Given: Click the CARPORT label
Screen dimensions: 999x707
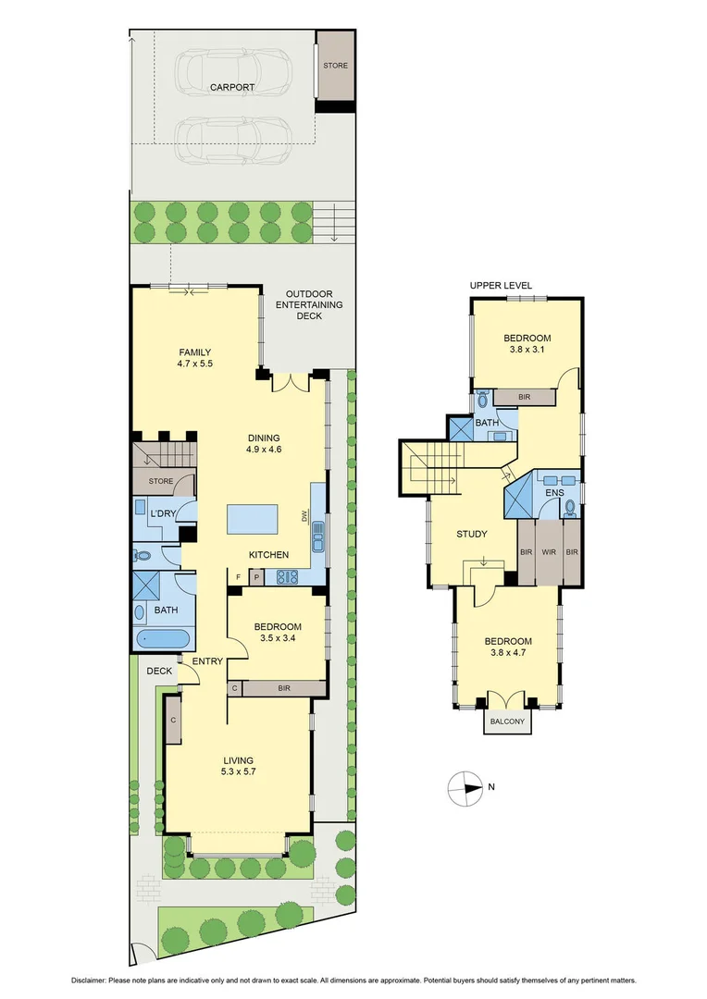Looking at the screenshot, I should (x=231, y=87).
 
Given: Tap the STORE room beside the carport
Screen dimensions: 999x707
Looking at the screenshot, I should (x=335, y=67).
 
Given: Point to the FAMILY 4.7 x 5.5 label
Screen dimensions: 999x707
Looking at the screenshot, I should (x=195, y=358).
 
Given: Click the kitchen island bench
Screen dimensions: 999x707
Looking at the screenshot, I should (x=254, y=519).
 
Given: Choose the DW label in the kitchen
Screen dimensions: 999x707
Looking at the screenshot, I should (x=304, y=517).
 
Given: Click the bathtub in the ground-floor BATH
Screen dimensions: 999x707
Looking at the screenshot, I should (x=161, y=640).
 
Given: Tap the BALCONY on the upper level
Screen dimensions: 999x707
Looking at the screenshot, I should (x=507, y=721).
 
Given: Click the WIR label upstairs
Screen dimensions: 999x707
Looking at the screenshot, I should (x=550, y=552).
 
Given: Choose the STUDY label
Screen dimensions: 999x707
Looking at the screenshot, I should (x=472, y=534).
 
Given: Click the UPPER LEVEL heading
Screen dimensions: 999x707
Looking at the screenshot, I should (x=501, y=285).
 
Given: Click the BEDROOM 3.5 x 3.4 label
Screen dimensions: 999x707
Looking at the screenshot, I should (x=278, y=633).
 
